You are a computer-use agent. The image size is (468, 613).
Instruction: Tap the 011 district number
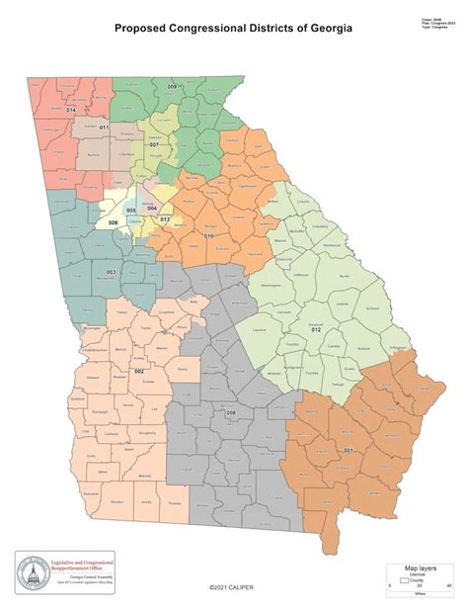click(x=104, y=129)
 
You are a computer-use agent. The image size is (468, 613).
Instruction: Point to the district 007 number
click(x=154, y=144)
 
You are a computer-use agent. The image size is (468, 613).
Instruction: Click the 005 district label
click(x=131, y=211)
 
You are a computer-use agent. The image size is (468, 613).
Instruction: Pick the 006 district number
click(x=114, y=222)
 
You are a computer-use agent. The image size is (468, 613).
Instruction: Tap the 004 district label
click(x=152, y=208)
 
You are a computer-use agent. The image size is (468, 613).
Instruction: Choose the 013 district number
click(x=165, y=219)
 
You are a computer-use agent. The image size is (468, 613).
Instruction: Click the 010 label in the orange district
click(x=209, y=236)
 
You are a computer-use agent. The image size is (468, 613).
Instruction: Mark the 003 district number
click(x=111, y=272)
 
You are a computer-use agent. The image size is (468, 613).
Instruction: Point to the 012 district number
click(x=316, y=327)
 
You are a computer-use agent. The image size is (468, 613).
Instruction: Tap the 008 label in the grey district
click(x=231, y=412)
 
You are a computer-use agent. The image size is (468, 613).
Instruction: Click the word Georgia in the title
click(x=327, y=29)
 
